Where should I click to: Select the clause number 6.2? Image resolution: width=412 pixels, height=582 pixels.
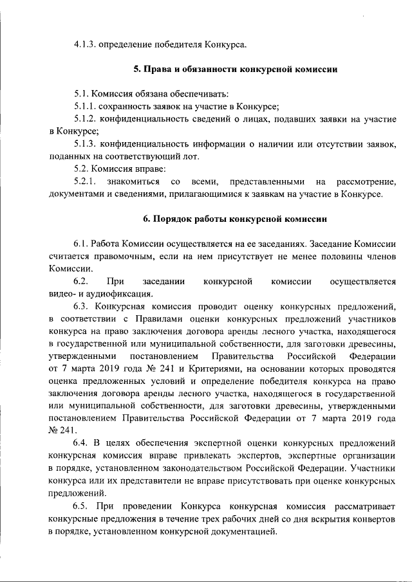[x=80, y=282]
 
